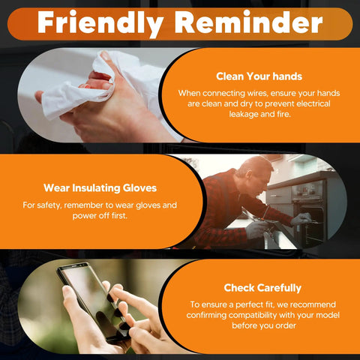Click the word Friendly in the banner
(100, 23)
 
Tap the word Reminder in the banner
(249, 22)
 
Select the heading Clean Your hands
(259, 76)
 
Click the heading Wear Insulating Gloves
(100, 188)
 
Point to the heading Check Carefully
(262, 288)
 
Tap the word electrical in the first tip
(313, 103)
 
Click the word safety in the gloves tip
(49, 205)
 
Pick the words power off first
(100, 215)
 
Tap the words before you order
(264, 325)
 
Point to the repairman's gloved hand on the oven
(301, 219)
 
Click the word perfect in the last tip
(253, 304)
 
